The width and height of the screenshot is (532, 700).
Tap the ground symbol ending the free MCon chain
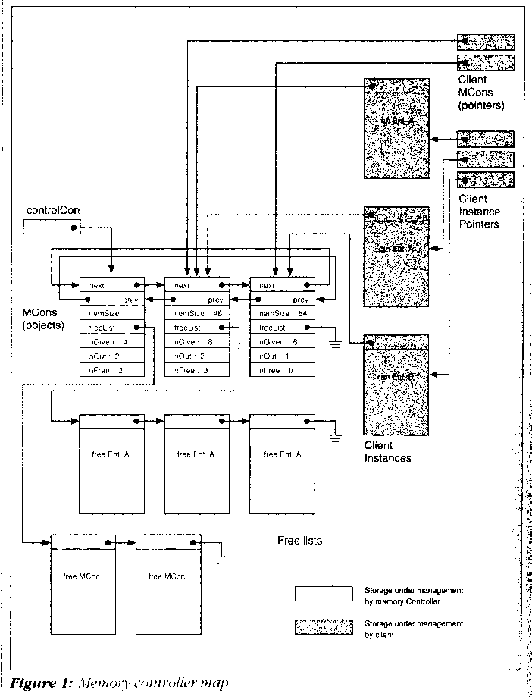[x=221, y=558]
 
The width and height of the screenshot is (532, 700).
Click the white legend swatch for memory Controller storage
[x=323, y=592]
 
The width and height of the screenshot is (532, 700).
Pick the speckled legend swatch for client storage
[x=323, y=626]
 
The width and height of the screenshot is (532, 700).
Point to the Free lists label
[x=299, y=541]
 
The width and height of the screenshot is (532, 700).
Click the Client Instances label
[x=388, y=452]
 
